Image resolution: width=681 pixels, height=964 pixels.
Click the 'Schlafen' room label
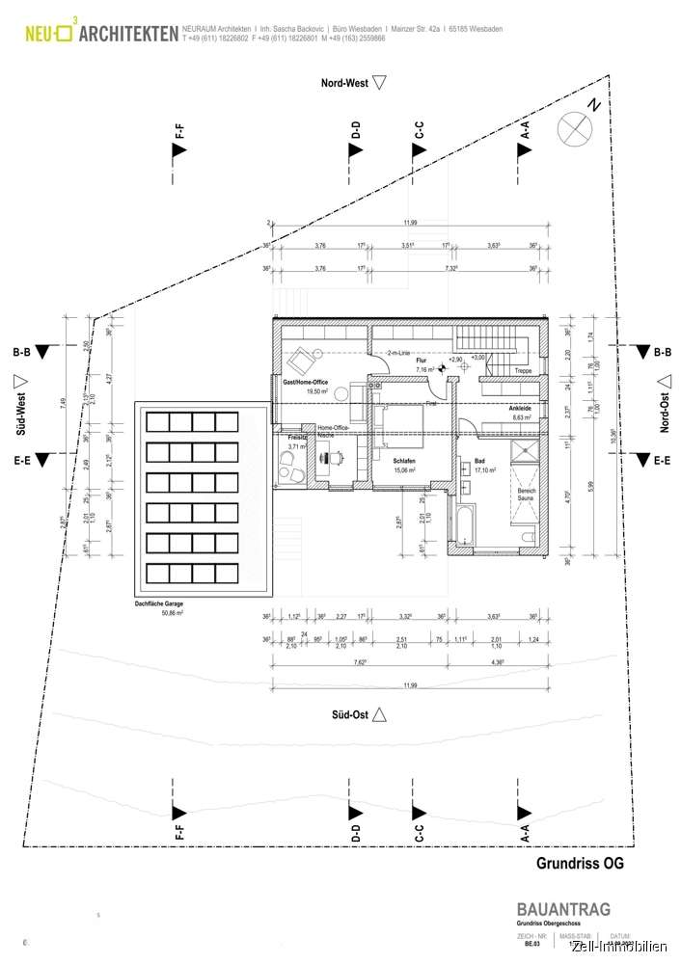[403, 462]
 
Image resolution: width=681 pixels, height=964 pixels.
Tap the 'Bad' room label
[479, 462]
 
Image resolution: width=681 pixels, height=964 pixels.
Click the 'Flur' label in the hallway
[421, 361]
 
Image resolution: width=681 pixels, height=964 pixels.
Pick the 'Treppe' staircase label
[522, 370]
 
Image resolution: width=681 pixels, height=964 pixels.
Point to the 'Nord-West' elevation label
[343, 84]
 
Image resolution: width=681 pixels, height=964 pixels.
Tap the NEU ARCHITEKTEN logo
[101, 36]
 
